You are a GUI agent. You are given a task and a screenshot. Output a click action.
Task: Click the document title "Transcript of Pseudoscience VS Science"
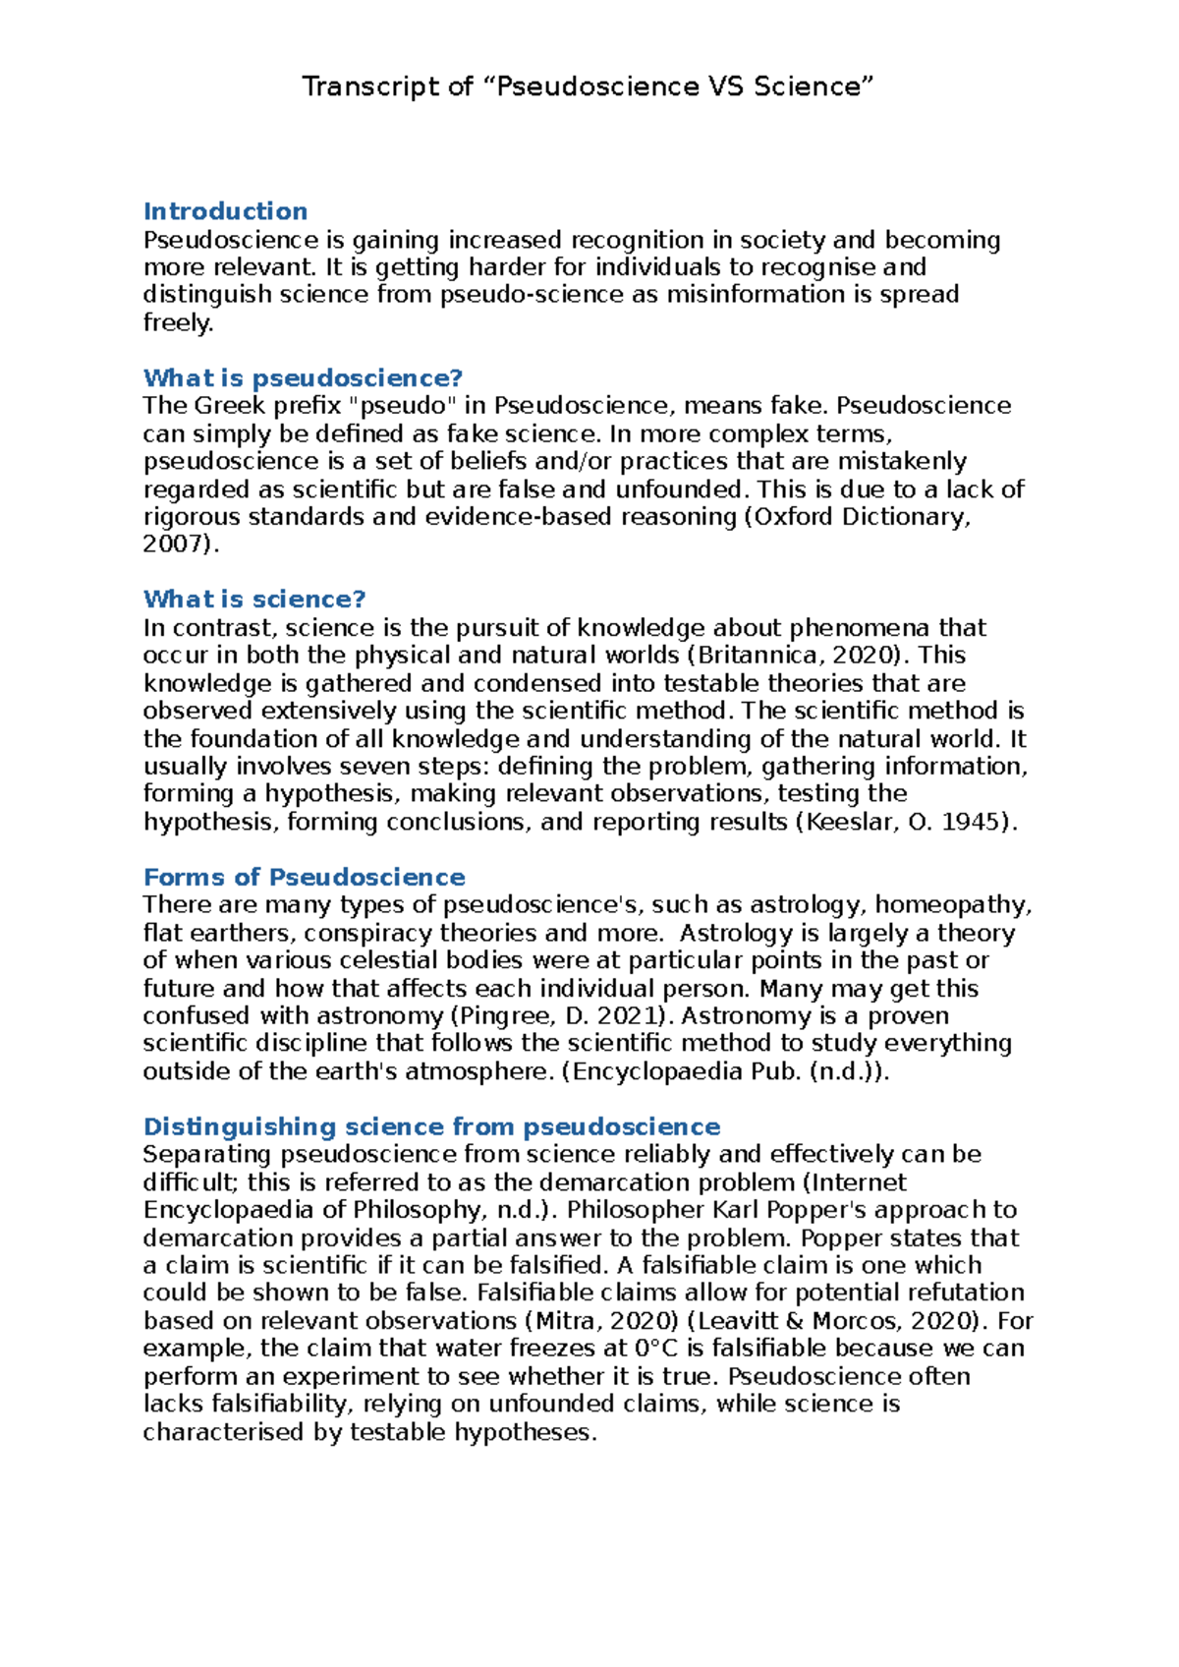(x=588, y=86)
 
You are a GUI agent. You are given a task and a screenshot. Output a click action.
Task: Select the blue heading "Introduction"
(x=225, y=211)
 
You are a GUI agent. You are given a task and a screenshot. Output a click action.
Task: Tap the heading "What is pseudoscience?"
(x=303, y=377)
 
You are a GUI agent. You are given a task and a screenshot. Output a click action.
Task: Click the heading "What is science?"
(x=254, y=599)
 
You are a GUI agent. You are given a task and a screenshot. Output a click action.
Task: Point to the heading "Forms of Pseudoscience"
(x=304, y=877)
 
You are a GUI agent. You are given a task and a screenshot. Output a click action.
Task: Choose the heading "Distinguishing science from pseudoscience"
(x=431, y=1126)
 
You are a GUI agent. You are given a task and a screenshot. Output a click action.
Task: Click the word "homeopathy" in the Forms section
(x=950, y=904)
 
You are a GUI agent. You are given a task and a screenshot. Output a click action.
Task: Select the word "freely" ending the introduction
(x=176, y=322)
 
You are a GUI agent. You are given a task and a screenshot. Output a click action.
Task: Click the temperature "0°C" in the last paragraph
(x=657, y=1348)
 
